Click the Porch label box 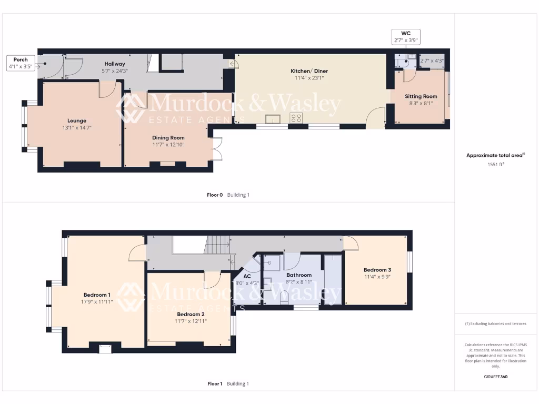[x=21, y=63]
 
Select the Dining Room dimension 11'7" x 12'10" [x=168, y=145]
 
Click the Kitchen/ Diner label [x=307, y=71]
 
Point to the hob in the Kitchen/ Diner [x=296, y=118]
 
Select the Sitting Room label [x=421, y=96]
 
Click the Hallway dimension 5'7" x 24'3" [x=114, y=70]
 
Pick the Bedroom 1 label [x=97, y=295]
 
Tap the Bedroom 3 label [x=377, y=269]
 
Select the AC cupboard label [x=246, y=276]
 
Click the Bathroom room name [x=299, y=275]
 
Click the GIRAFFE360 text [x=496, y=377]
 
